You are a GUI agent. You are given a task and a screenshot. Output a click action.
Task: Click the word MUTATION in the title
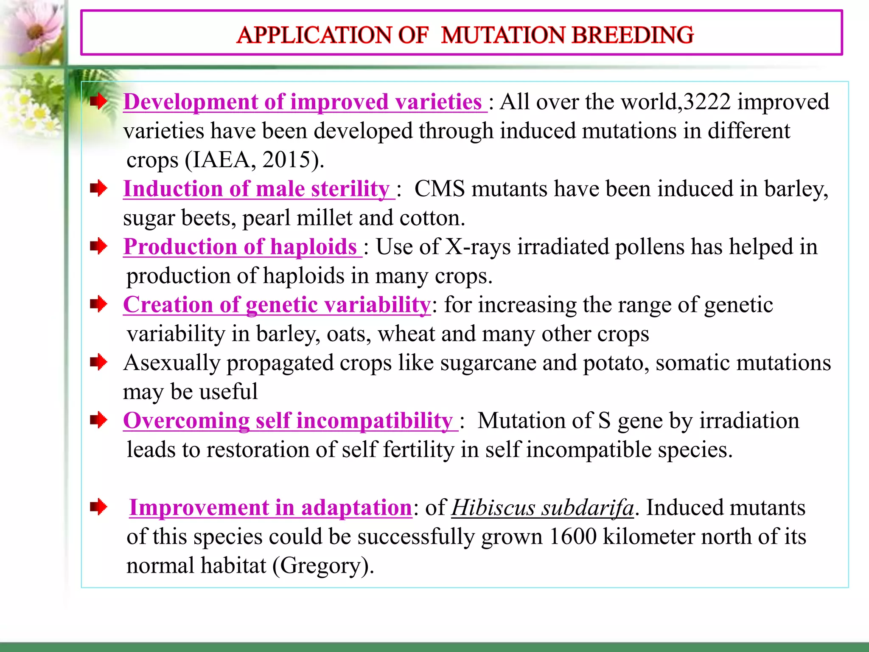coord(502,35)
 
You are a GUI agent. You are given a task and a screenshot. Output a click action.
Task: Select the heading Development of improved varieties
coord(303,102)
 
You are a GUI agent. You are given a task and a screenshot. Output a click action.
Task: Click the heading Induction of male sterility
coord(256,189)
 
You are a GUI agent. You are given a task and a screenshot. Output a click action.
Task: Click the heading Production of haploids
coord(240,247)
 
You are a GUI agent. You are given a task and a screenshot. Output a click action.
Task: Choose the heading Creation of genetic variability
coord(277,305)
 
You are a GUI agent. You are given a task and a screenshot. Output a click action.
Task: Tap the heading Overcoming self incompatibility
coord(288,421)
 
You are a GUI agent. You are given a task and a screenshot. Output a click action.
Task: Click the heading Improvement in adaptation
coord(270,508)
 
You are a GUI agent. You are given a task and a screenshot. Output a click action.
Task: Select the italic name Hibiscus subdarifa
coord(542,508)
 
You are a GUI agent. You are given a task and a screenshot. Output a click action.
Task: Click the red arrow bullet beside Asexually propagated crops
coord(98,363)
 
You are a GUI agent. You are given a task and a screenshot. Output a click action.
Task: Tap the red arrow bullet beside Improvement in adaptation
coord(98,507)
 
